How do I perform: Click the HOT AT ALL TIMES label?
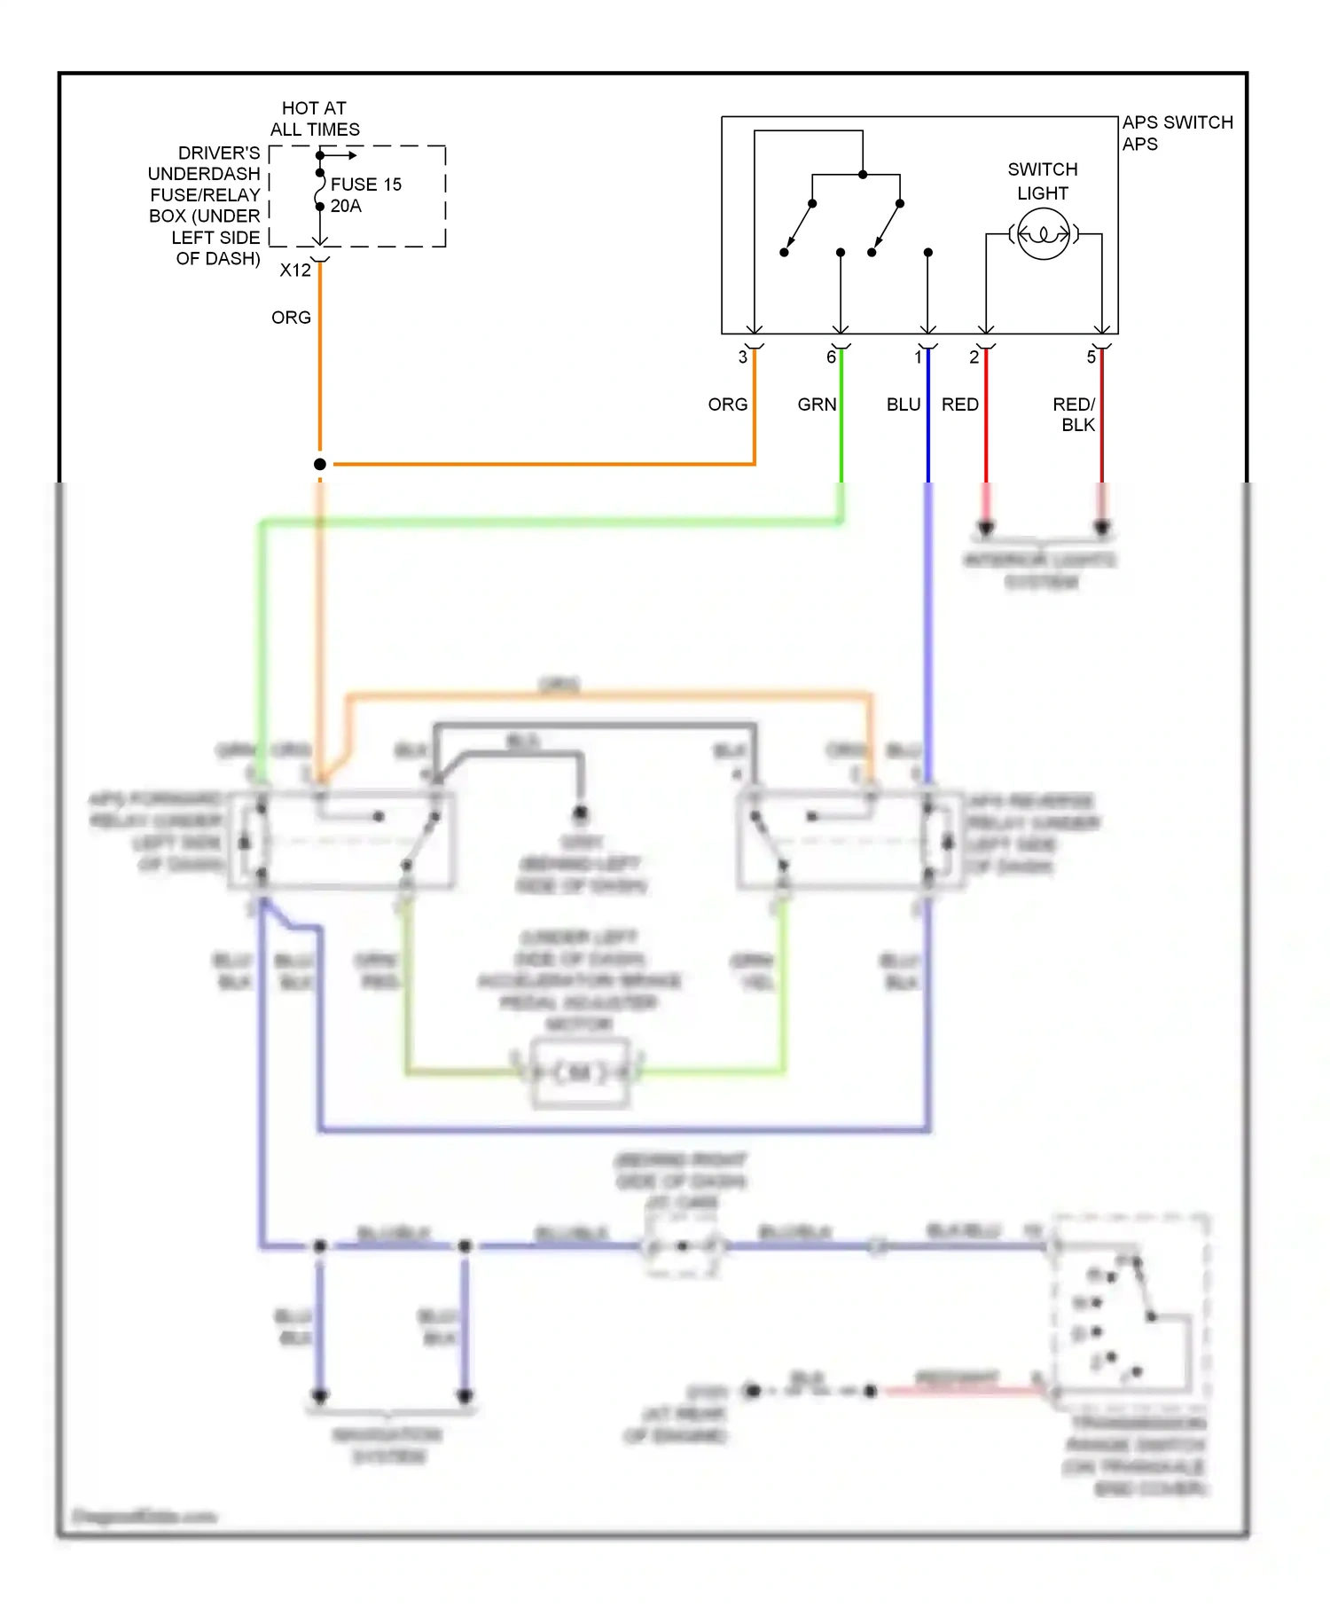[x=315, y=119]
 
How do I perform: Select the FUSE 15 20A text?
[x=365, y=195]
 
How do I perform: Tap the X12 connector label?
[x=295, y=271]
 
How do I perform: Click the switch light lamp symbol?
[x=1043, y=234]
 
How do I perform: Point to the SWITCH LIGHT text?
[x=1043, y=181]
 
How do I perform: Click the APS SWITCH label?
[x=1177, y=122]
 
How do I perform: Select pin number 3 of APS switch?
[x=742, y=357]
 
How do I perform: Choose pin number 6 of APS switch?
[x=831, y=357]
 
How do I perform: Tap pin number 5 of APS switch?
[x=1091, y=357]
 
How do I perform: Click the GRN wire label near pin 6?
[x=817, y=404]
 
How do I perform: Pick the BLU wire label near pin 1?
[x=904, y=404]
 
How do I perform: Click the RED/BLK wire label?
[x=1076, y=414]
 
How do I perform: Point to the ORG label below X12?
[x=291, y=318]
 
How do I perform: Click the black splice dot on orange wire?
[x=320, y=464]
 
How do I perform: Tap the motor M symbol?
[x=580, y=1073]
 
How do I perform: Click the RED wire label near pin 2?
[x=960, y=404]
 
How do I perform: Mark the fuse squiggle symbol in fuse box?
[x=319, y=190]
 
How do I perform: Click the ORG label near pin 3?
[x=727, y=404]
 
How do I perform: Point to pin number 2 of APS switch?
[x=974, y=357]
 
